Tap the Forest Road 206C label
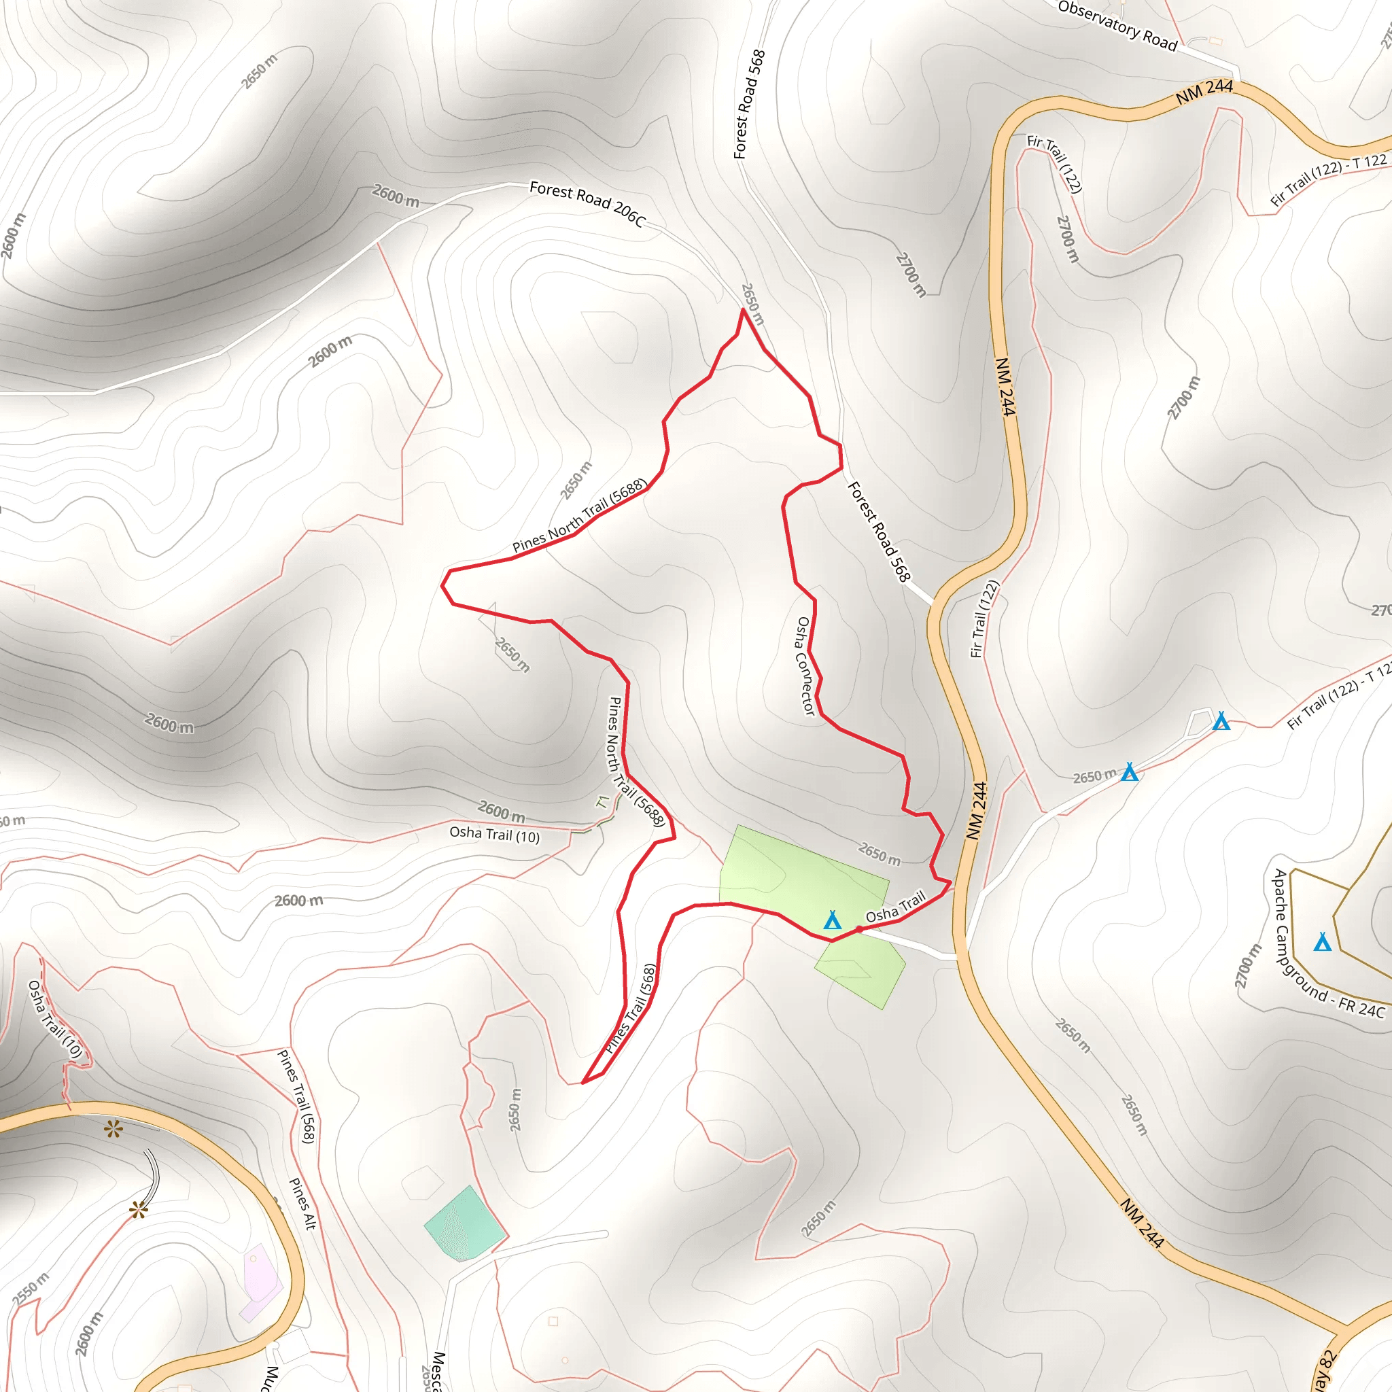pyautogui.click(x=587, y=203)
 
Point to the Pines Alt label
pyautogui.click(x=302, y=1203)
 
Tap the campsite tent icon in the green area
pyautogui.click(x=832, y=920)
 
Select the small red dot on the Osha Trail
pyautogui.click(x=859, y=929)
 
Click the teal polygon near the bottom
pyautogui.click(x=465, y=1225)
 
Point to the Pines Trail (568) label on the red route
pyautogui.click(x=631, y=1009)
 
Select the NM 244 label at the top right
pyautogui.click(x=1204, y=91)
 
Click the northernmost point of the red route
pyautogui.click(x=743, y=309)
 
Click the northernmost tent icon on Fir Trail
pyautogui.click(x=1221, y=721)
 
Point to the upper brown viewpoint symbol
pyautogui.click(x=114, y=1129)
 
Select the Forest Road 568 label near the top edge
pyautogui.click(x=749, y=105)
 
